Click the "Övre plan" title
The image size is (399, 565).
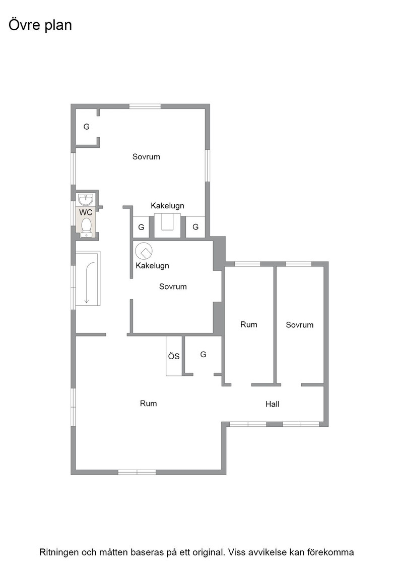click(40, 26)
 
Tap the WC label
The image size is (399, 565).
click(86, 212)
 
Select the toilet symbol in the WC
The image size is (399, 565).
click(86, 227)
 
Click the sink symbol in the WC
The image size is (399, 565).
click(86, 199)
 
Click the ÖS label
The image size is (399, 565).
click(174, 356)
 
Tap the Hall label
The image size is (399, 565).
click(273, 404)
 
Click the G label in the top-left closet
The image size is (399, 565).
click(86, 127)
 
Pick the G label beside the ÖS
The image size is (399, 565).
click(203, 355)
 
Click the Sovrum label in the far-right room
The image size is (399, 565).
click(300, 325)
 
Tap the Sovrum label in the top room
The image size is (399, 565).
click(146, 157)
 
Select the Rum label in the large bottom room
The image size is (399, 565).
click(148, 404)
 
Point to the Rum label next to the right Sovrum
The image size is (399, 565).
click(248, 325)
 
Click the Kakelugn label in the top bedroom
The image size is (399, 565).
click(167, 206)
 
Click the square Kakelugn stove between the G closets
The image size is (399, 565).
click(167, 225)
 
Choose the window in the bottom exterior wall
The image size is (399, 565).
click(137, 472)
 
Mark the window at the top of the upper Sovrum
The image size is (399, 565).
click(145, 106)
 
